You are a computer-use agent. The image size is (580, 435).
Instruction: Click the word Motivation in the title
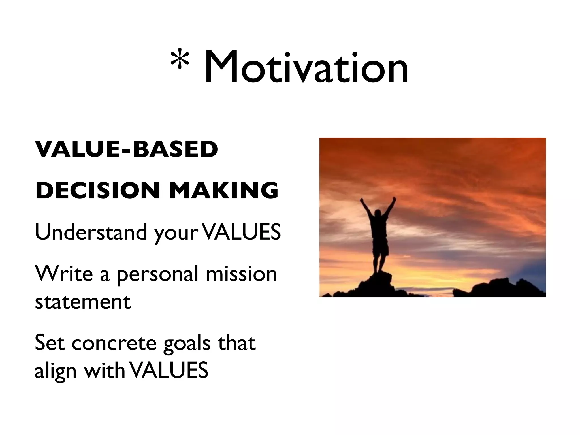coord(306,68)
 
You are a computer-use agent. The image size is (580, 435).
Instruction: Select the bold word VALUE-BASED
coord(127,150)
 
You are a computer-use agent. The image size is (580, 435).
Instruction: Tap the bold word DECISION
coord(98,190)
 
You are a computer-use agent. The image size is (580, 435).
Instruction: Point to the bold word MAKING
coord(224,190)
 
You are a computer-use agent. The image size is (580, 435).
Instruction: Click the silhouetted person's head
coord(378,213)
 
